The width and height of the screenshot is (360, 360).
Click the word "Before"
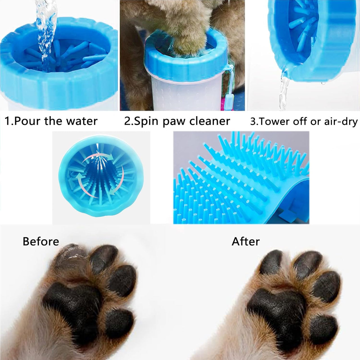(x=41, y=241)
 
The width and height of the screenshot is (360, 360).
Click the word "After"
(x=246, y=241)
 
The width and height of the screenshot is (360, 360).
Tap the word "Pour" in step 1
(x=28, y=121)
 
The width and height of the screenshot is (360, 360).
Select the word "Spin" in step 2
(x=143, y=121)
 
